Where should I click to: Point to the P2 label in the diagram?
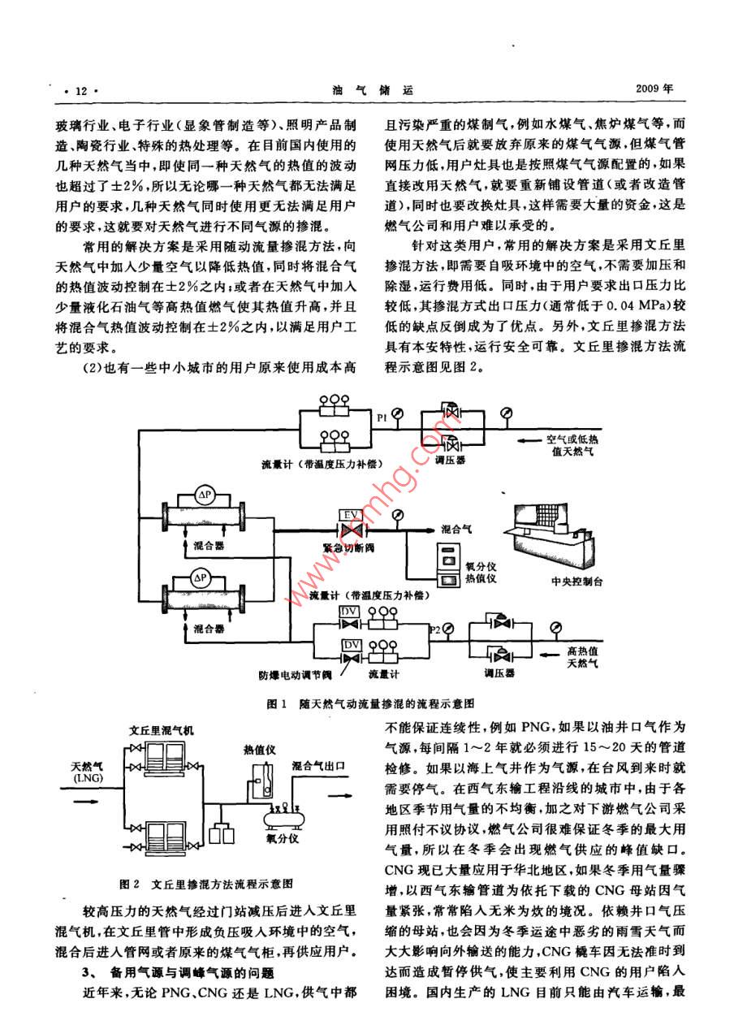(x=434, y=630)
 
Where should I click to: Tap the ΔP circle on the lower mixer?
(x=200, y=578)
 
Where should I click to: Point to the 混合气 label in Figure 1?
(x=458, y=527)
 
